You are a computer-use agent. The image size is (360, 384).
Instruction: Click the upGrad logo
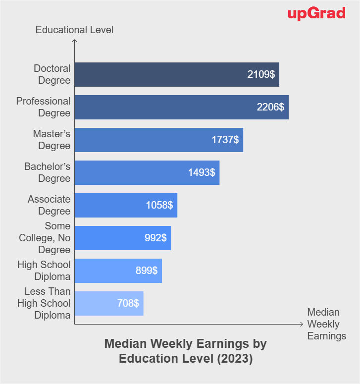click(316, 13)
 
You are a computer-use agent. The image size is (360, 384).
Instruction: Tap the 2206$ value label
click(270, 107)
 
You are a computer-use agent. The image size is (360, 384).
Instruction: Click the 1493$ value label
click(202, 172)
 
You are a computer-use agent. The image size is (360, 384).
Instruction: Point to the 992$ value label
click(156, 238)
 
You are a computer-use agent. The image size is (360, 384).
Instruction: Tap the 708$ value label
click(128, 303)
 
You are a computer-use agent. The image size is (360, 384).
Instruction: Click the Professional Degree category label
click(44, 107)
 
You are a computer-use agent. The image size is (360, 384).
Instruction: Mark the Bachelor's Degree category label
click(48, 172)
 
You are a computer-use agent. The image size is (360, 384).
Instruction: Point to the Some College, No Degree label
click(45, 238)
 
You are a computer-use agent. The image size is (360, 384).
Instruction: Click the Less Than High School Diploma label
click(44, 303)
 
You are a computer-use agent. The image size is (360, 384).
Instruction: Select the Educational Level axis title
click(74, 30)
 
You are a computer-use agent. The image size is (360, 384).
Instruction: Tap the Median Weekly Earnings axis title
click(326, 324)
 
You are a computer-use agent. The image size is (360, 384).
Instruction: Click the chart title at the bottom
click(186, 351)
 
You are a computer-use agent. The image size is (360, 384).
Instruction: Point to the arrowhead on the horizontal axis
click(301, 325)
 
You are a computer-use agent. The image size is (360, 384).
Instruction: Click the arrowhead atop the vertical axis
click(74, 41)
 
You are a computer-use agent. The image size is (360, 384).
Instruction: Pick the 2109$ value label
click(261, 74)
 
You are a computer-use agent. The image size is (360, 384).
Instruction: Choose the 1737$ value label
click(225, 140)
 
